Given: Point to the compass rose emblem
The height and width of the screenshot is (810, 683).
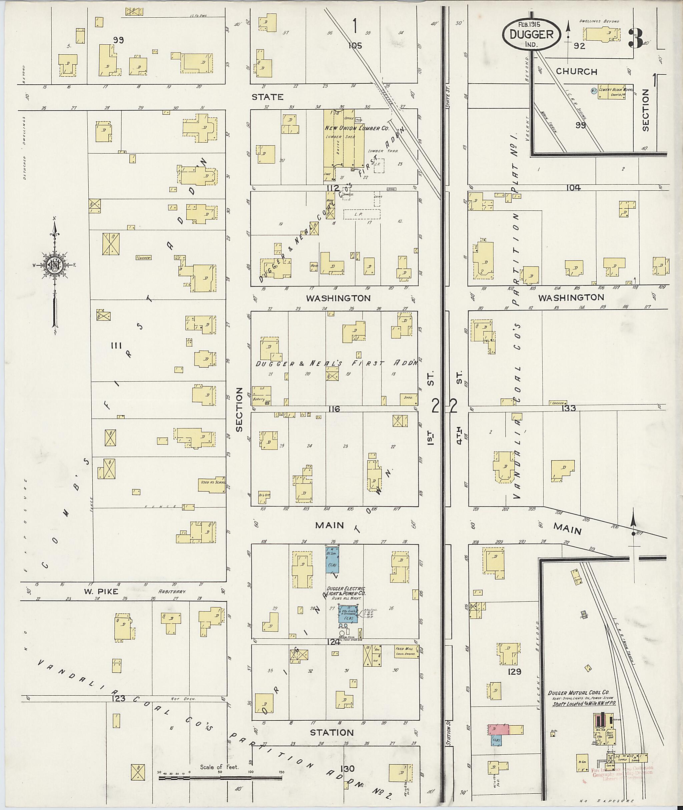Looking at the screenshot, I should coord(55,265).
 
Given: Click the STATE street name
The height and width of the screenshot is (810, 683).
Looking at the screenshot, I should coord(267,97).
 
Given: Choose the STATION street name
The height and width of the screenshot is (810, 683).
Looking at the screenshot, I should coord(332,733).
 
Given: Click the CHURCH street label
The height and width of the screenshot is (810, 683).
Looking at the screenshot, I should coord(577,72).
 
